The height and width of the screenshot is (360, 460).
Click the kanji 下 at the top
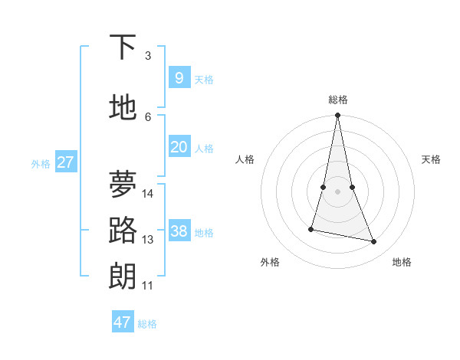[x=123, y=47]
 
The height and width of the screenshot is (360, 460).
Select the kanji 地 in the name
[x=123, y=107]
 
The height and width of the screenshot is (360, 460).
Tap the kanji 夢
[x=123, y=184]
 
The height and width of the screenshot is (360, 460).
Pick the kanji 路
[x=123, y=231]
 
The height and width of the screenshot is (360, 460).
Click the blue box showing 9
[x=179, y=78]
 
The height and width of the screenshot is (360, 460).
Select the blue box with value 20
[x=179, y=148]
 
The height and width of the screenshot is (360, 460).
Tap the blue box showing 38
[x=179, y=231]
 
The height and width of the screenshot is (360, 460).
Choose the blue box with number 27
[x=65, y=162]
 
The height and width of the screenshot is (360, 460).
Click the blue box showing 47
[x=122, y=322]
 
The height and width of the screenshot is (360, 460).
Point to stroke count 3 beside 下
[x=148, y=56]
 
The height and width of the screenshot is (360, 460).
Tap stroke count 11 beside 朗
[x=148, y=286]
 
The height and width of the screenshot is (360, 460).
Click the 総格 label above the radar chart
[x=337, y=100]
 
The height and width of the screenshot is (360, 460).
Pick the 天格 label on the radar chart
[x=431, y=159]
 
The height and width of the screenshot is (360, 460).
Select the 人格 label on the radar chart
[x=245, y=159]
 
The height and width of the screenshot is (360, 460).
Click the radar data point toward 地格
[x=374, y=242]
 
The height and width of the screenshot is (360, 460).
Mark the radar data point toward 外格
[x=311, y=229]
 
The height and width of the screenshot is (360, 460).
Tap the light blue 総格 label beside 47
[x=147, y=324]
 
